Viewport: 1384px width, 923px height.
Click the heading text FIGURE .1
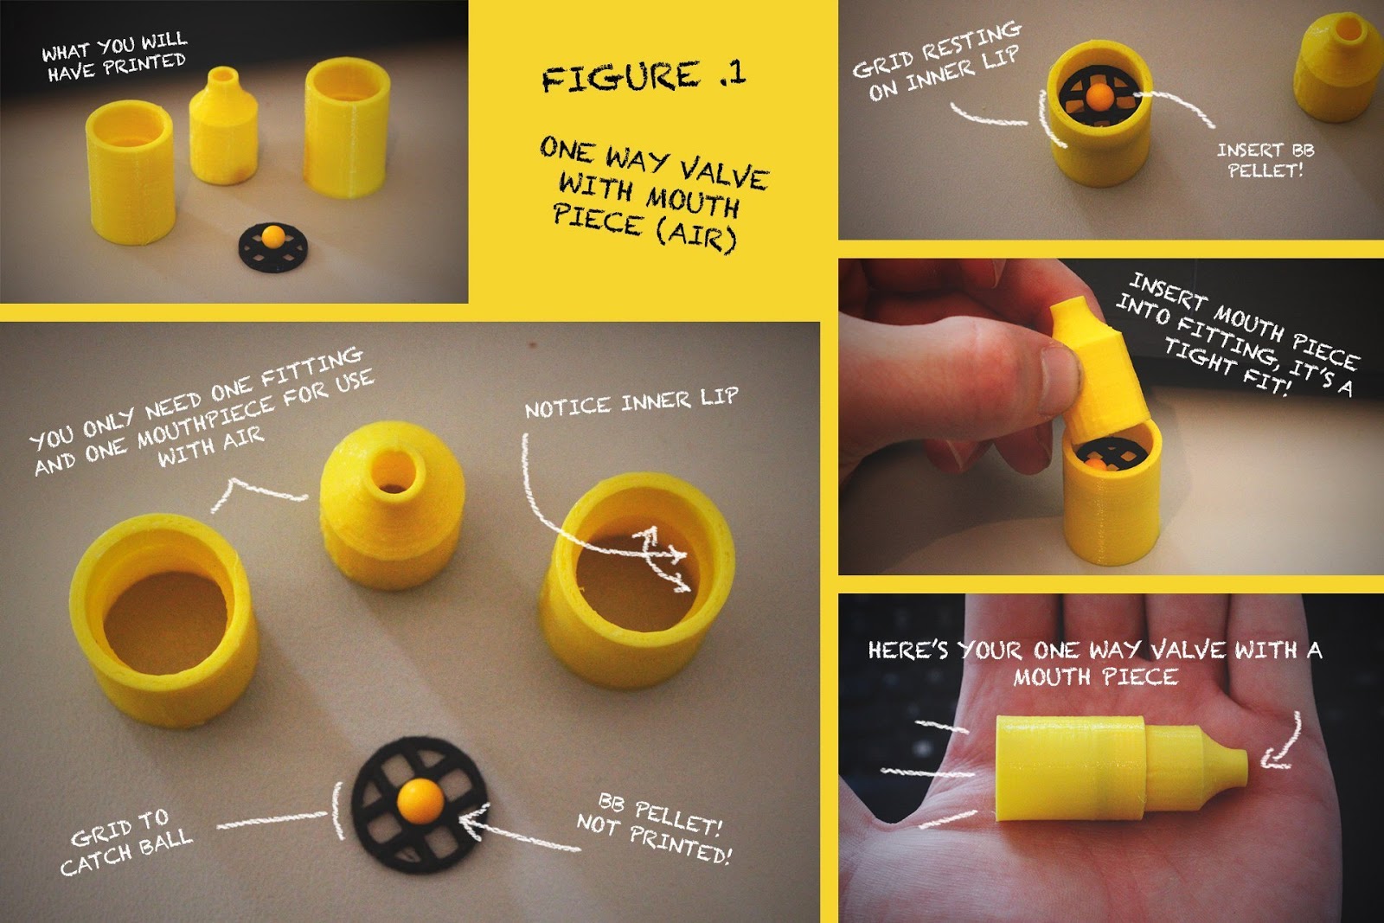coord(644,77)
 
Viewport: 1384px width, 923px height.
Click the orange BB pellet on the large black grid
coord(420,801)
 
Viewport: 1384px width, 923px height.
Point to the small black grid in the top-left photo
coord(273,247)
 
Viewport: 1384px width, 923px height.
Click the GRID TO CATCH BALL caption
coord(126,842)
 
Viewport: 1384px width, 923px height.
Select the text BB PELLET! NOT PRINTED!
coord(655,829)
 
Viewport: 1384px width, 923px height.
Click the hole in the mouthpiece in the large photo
coord(392,477)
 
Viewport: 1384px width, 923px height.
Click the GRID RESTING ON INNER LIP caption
coord(936,60)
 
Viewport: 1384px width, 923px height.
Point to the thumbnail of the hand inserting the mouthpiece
coord(1111,416)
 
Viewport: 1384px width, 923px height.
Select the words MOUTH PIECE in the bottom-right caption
coord(1095,677)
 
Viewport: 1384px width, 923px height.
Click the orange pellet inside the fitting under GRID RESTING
coord(1099,96)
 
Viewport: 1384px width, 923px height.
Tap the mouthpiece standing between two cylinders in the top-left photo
coord(223,125)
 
